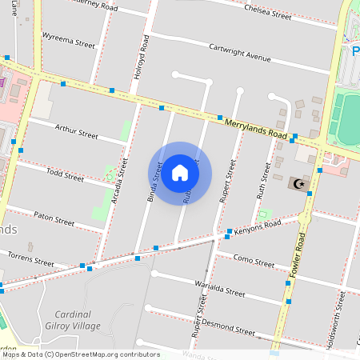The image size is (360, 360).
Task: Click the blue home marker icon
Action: (180, 173)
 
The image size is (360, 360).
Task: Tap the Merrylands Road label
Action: (256, 127)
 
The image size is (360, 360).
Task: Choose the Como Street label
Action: (246, 262)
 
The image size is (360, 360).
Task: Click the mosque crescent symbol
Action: (299, 184)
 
